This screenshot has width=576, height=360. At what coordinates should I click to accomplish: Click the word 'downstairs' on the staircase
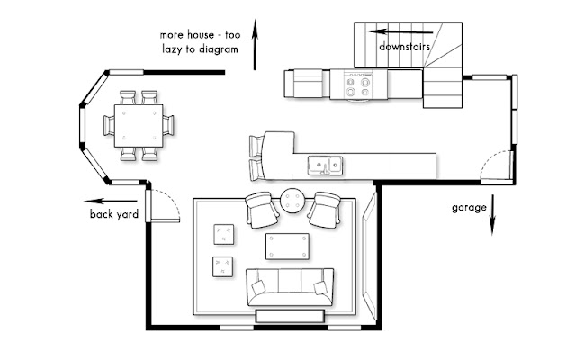click(404, 47)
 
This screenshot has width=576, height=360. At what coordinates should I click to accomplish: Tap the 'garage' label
click(469, 208)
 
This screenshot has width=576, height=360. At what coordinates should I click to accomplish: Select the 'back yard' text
click(114, 214)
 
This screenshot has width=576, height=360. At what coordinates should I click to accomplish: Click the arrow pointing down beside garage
click(492, 215)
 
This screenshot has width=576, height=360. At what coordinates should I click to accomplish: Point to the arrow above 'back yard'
click(110, 201)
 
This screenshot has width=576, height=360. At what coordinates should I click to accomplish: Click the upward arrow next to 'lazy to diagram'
click(255, 44)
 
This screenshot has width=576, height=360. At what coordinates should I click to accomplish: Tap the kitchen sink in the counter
click(326, 166)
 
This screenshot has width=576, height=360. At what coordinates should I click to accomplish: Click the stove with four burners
click(358, 85)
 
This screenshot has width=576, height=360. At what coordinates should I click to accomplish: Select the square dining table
click(139, 126)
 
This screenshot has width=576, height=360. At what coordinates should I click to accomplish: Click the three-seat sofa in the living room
click(290, 287)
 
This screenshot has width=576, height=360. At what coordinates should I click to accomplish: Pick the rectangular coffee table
click(287, 246)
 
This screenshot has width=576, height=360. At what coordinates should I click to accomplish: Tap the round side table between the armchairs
click(293, 201)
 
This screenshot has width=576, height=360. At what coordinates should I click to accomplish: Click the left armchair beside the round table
click(262, 210)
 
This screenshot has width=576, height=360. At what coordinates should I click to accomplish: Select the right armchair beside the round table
click(324, 210)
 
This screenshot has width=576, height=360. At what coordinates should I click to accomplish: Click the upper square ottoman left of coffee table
click(224, 234)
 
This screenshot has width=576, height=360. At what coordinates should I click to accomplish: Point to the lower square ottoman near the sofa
click(222, 266)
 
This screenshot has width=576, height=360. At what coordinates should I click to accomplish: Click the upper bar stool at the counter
click(256, 146)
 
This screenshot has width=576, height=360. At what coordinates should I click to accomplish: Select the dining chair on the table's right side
click(168, 125)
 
